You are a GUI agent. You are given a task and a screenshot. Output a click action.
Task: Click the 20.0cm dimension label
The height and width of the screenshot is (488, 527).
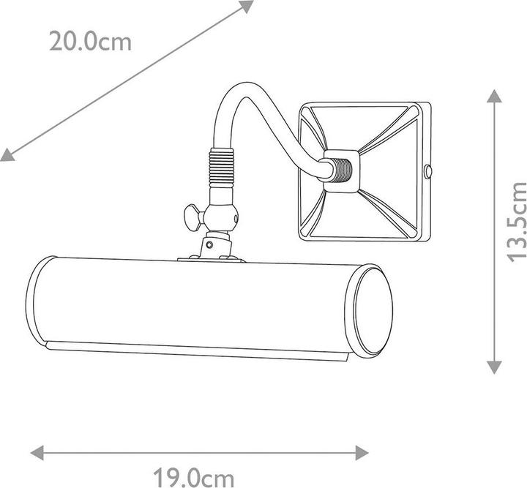point(90,41)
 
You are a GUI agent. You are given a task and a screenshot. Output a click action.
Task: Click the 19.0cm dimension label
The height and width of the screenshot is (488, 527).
point(194,478)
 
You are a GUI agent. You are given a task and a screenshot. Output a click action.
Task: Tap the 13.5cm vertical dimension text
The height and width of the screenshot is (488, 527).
point(517,221)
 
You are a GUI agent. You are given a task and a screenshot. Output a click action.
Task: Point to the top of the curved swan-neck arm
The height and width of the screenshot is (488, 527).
point(242,90)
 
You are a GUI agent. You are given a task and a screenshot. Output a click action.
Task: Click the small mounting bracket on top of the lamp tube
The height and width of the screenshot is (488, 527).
point(212,256)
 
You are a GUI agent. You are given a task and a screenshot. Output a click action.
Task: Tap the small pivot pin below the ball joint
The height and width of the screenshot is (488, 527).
point(210,243)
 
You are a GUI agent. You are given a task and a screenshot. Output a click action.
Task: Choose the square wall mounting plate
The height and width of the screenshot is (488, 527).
point(364,171)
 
